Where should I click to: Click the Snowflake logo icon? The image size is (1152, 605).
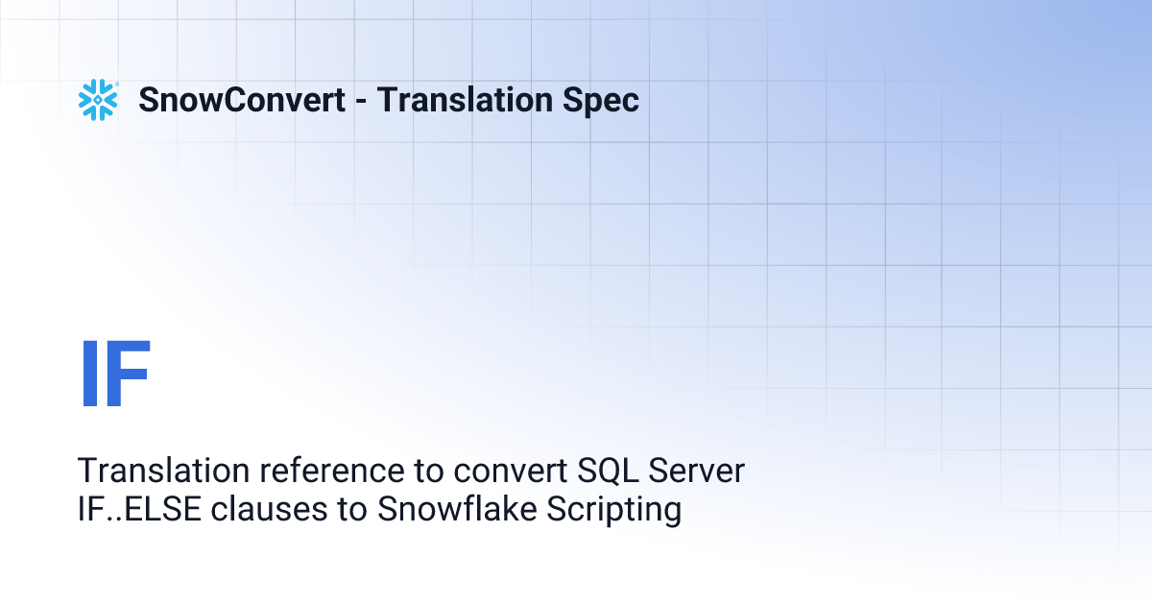pyautogui.click(x=98, y=100)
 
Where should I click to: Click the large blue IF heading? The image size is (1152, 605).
pyautogui.click(x=115, y=375)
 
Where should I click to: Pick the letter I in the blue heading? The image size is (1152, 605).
pyautogui.click(x=87, y=375)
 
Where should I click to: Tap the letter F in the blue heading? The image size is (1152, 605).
pyautogui.click(x=129, y=375)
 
